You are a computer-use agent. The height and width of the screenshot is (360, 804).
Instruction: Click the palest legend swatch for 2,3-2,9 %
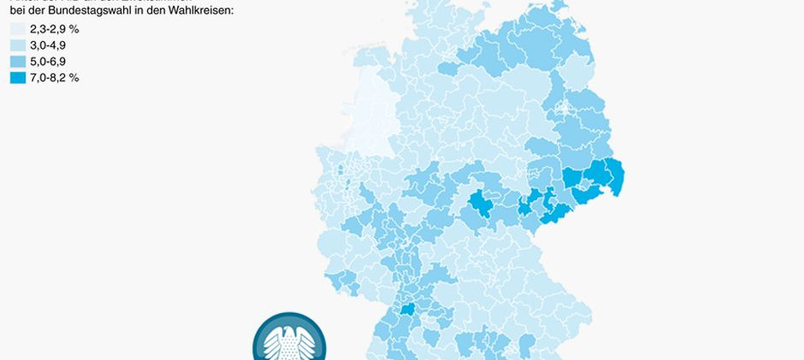click(17, 29)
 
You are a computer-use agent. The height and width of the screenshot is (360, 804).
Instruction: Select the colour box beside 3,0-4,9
click(17, 45)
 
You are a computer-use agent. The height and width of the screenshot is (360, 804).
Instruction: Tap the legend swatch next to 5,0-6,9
click(17, 62)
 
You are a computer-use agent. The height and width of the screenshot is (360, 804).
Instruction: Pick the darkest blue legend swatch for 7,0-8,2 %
click(17, 78)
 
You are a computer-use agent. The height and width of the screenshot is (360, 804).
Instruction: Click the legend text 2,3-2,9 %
click(54, 29)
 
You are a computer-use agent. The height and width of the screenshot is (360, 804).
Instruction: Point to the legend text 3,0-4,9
click(48, 45)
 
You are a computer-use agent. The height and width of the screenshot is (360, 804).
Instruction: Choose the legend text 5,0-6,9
click(48, 62)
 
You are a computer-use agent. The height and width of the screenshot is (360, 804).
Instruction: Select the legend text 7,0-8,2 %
click(54, 78)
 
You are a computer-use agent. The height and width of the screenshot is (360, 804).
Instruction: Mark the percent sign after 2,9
click(74, 29)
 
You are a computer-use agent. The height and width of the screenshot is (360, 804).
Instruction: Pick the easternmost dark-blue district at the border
click(613, 176)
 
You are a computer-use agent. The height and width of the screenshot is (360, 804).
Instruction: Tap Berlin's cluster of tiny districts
click(564, 109)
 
